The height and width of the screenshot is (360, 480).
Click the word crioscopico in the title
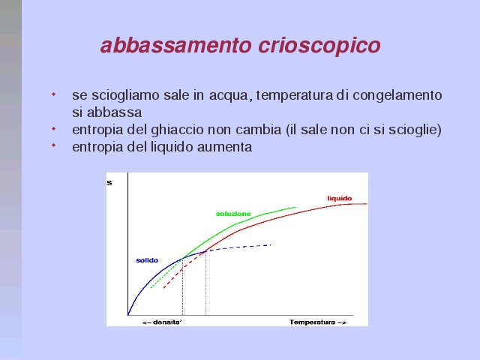(x=319, y=46)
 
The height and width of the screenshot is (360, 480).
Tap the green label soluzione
(x=233, y=214)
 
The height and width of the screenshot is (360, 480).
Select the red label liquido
(x=340, y=198)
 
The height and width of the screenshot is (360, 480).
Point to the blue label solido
(x=147, y=260)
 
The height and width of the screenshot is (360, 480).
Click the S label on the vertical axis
(x=109, y=183)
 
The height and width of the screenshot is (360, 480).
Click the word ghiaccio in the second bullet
(x=177, y=130)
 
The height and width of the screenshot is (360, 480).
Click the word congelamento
(x=397, y=95)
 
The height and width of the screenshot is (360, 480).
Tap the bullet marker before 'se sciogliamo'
(x=53, y=94)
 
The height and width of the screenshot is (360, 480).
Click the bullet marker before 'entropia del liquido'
(x=53, y=145)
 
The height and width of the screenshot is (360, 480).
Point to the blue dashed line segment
(x=238, y=248)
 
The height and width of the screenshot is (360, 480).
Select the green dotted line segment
(x=166, y=273)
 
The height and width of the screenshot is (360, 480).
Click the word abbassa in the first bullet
(x=114, y=112)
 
